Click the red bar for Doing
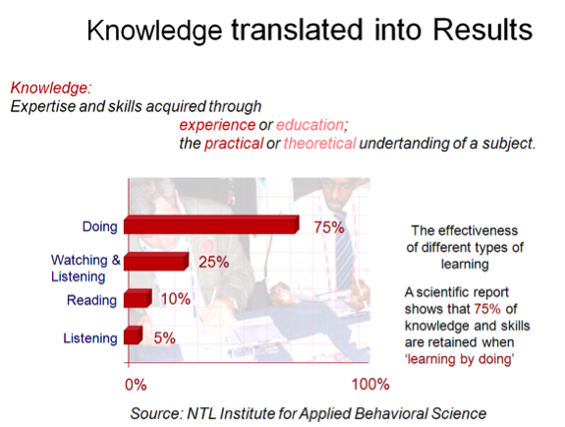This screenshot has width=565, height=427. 211,224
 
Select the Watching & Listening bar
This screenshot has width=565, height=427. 156,262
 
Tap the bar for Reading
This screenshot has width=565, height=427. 138,298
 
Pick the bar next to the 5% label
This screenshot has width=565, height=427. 133,335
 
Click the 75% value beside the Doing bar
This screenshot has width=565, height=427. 329,227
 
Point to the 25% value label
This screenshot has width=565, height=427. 213,262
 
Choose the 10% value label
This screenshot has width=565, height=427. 176,299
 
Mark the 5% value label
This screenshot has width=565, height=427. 164,337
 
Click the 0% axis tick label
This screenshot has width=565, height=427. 136,385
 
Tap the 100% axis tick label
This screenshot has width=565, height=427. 370,384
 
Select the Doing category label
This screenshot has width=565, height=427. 100,226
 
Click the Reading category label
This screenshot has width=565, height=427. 92,300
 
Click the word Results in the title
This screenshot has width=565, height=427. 482,30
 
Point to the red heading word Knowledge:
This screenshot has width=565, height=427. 51,88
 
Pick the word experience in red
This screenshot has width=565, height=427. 217,125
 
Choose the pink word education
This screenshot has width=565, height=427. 311,125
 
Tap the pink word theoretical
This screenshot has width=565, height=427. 319,144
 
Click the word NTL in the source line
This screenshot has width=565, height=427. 201,413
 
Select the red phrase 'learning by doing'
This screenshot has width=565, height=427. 459,359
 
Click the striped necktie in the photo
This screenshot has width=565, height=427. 344,253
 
